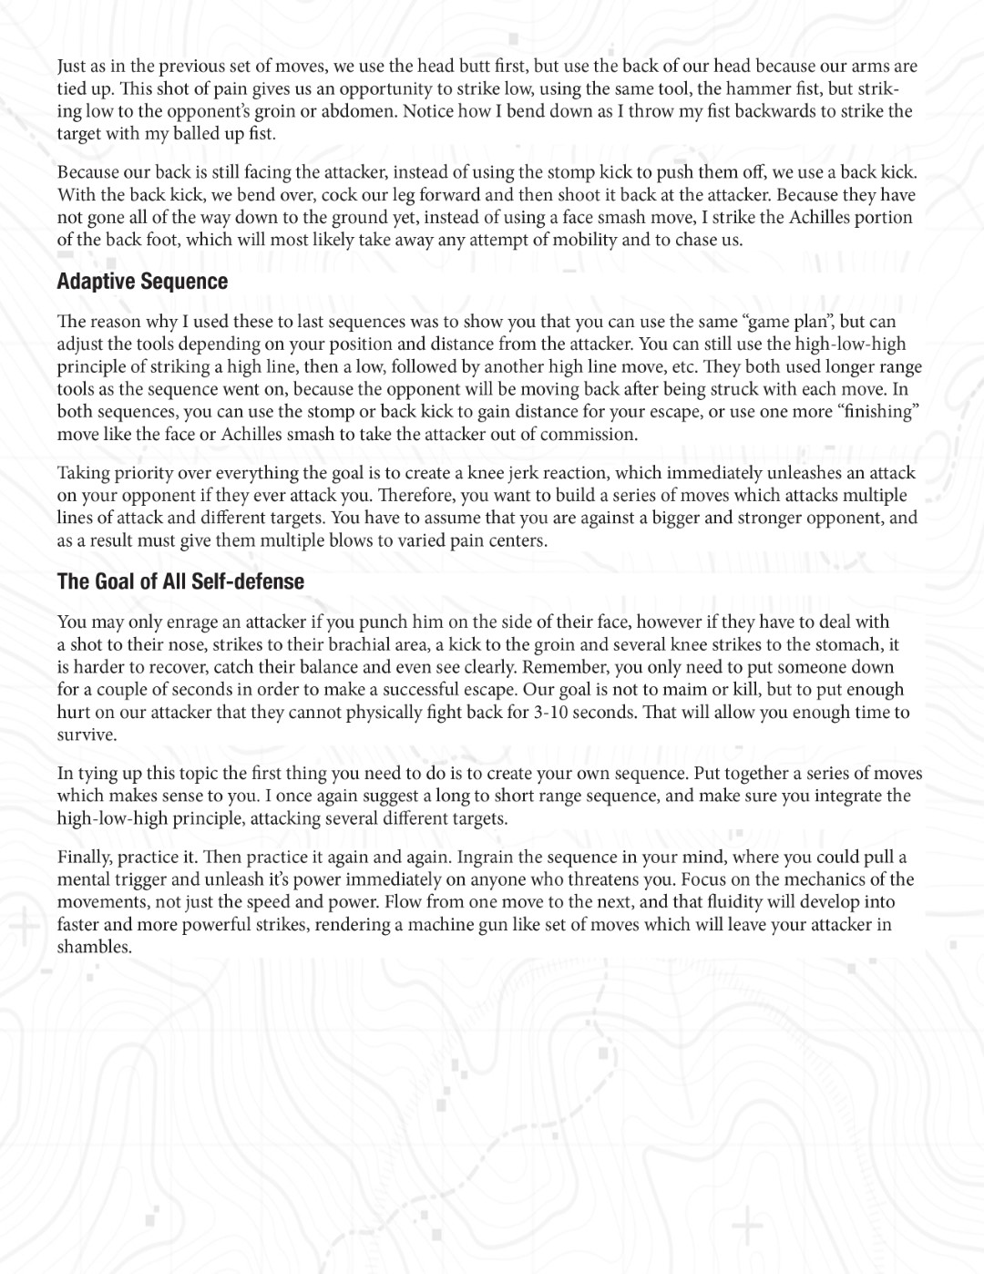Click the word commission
(589, 434)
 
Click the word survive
(87, 735)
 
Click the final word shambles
(95, 947)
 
